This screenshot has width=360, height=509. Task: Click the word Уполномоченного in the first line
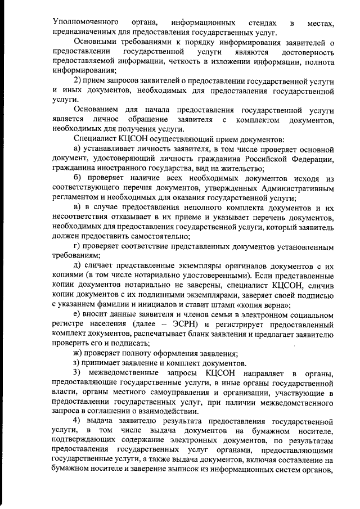pyautogui.click(x=81, y=22)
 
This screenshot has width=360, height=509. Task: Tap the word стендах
pyautogui.click(x=262, y=22)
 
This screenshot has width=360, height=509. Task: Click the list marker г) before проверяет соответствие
pyautogui.click(x=78, y=246)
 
